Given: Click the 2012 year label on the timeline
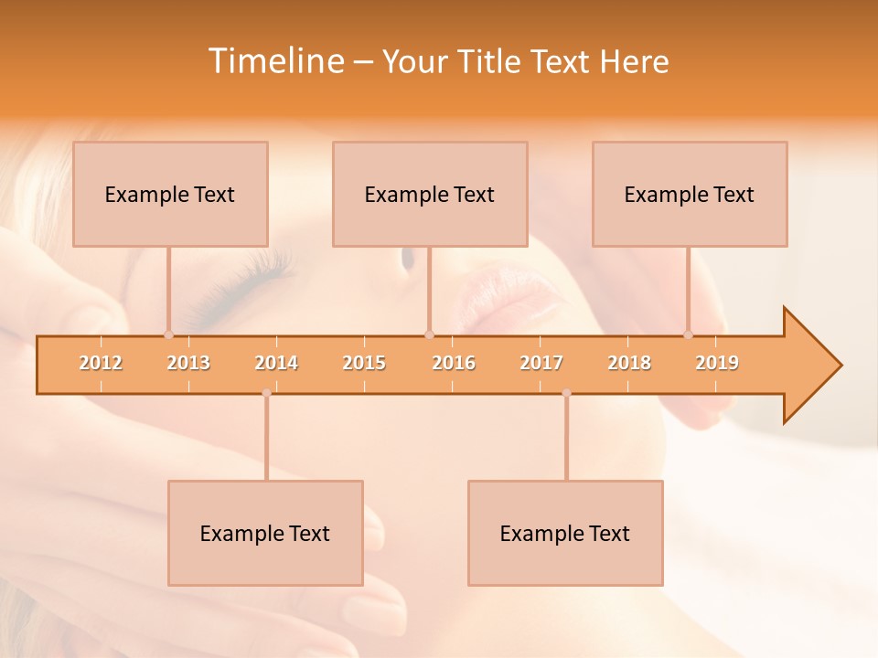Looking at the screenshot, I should click(101, 363).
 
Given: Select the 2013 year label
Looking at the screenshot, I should click(188, 363).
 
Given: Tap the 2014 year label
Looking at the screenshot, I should click(276, 363).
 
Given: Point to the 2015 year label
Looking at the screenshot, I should click(364, 363).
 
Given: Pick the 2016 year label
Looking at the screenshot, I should click(453, 363).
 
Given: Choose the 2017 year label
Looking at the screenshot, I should click(541, 363).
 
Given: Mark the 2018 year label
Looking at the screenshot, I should click(629, 363).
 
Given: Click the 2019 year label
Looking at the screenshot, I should click(717, 363).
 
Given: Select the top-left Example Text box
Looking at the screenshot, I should click(170, 194).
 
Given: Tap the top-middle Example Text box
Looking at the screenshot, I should click(430, 194).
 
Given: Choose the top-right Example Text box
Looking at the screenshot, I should click(690, 194).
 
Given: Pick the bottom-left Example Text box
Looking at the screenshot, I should click(265, 533).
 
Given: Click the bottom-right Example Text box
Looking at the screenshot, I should click(565, 533).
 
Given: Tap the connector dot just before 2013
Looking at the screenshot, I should click(168, 334).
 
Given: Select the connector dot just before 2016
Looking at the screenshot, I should click(429, 334).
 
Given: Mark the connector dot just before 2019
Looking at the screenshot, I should click(688, 334).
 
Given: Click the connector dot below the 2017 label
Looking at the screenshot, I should click(566, 393).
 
